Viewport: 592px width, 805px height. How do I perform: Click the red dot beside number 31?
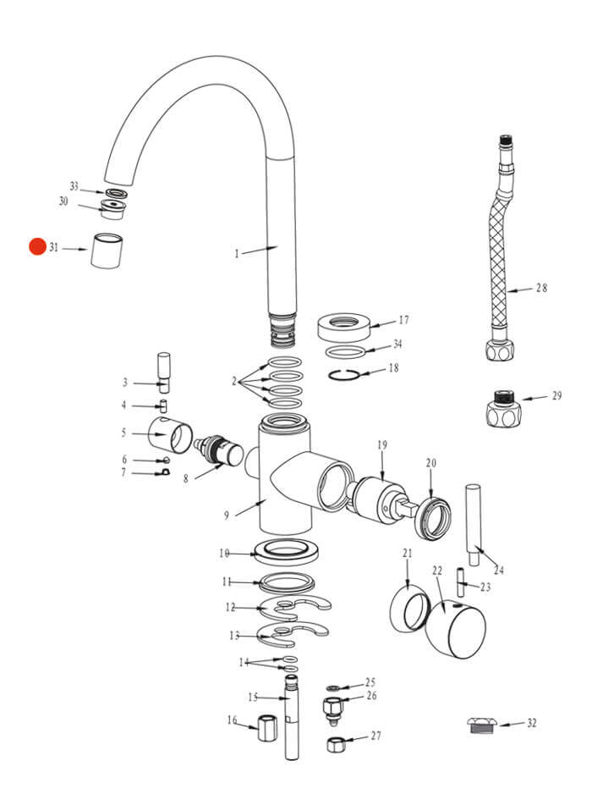coord(37,247)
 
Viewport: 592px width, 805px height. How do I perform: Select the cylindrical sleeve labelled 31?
coord(107,251)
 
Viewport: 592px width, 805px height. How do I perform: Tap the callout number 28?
coord(541,288)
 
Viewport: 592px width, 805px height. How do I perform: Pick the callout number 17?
coord(403,321)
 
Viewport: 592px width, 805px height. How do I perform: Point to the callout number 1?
coord(238,253)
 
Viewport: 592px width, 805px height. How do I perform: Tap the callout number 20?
coord(430,463)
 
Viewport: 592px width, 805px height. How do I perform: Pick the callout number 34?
coord(397,345)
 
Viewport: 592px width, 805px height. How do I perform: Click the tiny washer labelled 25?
coord(332,687)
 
